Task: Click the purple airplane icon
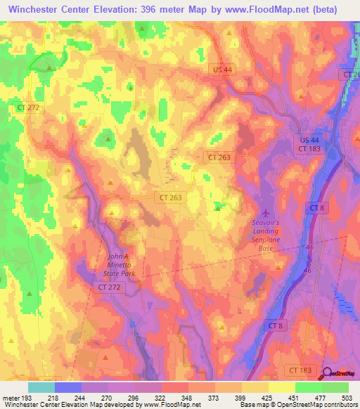(266, 213)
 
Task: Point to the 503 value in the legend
(347, 397)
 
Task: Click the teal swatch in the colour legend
(41, 387)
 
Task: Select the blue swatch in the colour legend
(67, 387)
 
